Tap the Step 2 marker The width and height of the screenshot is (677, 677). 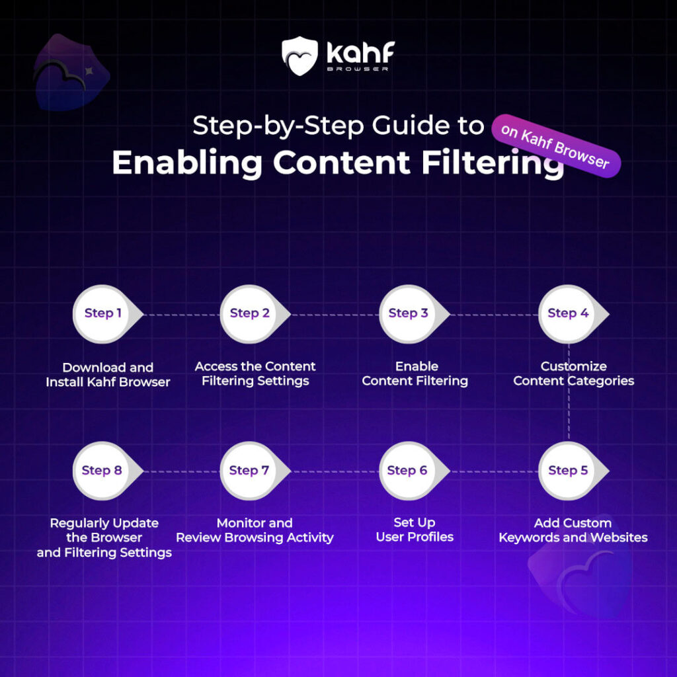coord(250,313)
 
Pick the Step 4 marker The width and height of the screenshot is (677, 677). coord(568,313)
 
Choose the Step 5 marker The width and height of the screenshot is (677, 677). coord(568,471)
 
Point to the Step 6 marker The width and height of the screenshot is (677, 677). coord(408,471)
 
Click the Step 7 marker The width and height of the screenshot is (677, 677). coord(249,471)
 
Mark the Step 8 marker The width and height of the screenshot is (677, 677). coord(102,471)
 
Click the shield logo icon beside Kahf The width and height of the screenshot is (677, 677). coord(299,54)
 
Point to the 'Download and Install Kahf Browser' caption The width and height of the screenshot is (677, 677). coord(108,374)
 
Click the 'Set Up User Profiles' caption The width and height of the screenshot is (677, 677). coord(415,530)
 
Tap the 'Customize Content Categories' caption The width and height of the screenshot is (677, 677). coord(573,374)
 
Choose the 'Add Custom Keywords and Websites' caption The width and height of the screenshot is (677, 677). coord(573,530)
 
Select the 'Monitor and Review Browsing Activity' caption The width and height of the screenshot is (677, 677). coord(255,530)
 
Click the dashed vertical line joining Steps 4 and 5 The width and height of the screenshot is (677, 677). coord(569,397)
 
